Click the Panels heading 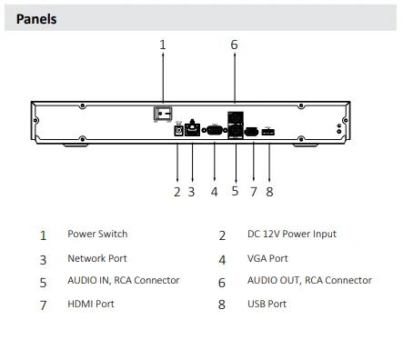pyautogui.click(x=36, y=18)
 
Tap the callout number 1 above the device pyautogui.click(x=163, y=45)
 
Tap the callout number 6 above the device pyautogui.click(x=234, y=45)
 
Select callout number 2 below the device pyautogui.click(x=177, y=192)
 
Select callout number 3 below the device pyautogui.click(x=192, y=192)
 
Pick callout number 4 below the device pyautogui.click(x=214, y=192)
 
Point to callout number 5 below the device pyautogui.click(x=235, y=192)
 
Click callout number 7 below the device pyautogui.click(x=253, y=192)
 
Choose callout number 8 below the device pyautogui.click(x=269, y=192)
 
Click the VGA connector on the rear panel pyautogui.click(x=215, y=132)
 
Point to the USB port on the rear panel pyautogui.click(x=268, y=133)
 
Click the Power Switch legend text pyautogui.click(x=96, y=235)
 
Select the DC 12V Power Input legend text pyautogui.click(x=291, y=235)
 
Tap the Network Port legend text pyautogui.click(x=98, y=258)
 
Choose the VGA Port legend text pyautogui.click(x=267, y=258)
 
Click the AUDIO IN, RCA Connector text pyautogui.click(x=123, y=281)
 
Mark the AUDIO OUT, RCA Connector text pyautogui.click(x=309, y=281)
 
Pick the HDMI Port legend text pyautogui.click(x=91, y=305)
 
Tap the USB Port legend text pyautogui.click(x=267, y=305)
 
